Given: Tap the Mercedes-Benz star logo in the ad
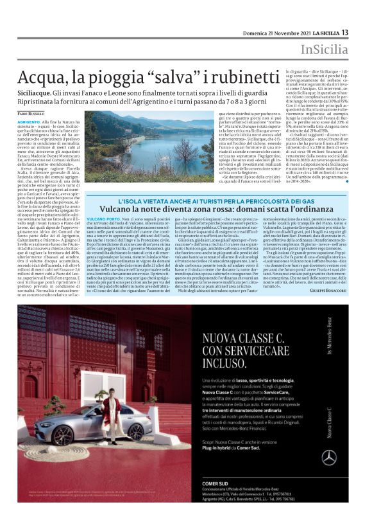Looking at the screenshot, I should coord(329,457).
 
